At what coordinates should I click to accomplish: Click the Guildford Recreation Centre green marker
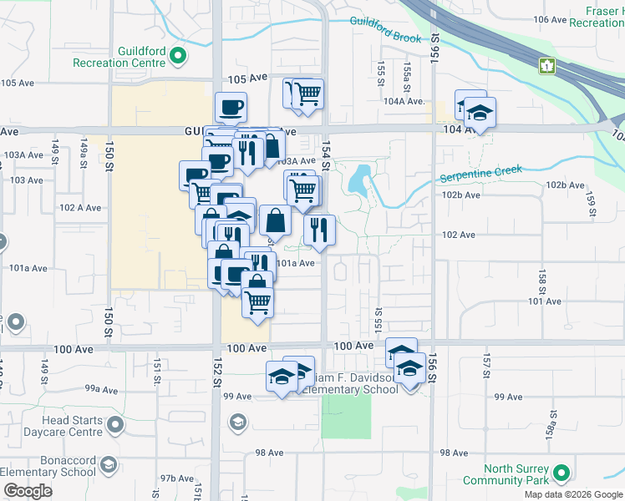click(x=177, y=56)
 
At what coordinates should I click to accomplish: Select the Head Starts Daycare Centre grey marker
click(x=115, y=426)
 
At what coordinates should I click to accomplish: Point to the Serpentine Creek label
click(x=480, y=175)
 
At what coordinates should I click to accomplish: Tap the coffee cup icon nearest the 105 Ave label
click(x=231, y=107)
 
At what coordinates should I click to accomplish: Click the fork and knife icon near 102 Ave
click(x=319, y=230)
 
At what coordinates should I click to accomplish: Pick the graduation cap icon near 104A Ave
click(x=480, y=111)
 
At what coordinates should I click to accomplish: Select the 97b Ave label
click(x=177, y=478)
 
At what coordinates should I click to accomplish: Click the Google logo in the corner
click(x=27, y=491)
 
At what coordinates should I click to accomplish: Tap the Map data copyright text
click(x=572, y=494)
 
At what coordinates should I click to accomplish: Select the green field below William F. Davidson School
click(x=345, y=416)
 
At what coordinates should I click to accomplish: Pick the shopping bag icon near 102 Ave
click(x=274, y=221)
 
